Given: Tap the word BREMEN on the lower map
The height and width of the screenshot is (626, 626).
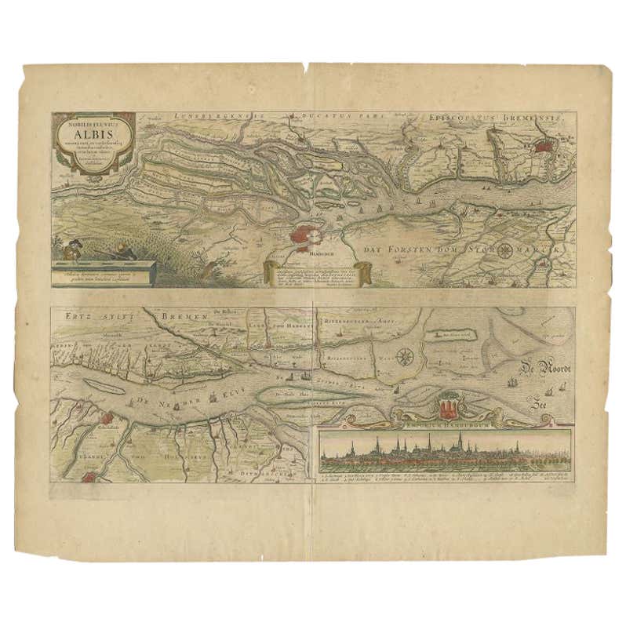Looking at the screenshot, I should coord(184,316).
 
